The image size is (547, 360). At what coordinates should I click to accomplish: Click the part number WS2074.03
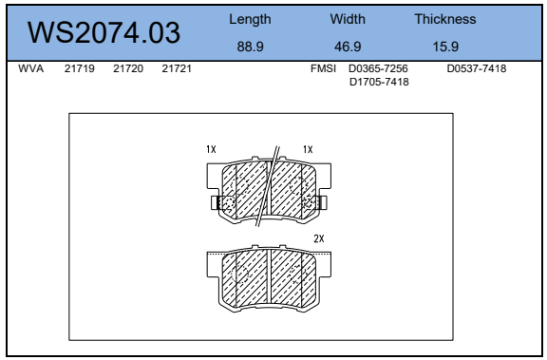[x=104, y=32]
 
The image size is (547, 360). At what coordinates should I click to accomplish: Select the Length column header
[x=250, y=20]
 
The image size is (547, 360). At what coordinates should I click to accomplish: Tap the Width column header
[x=348, y=19]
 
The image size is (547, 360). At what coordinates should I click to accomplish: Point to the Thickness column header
[x=445, y=19]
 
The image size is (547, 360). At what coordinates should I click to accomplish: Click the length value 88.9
[x=250, y=47]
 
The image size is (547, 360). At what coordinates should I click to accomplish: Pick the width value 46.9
[x=348, y=47]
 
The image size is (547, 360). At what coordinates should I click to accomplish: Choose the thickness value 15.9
[x=445, y=47]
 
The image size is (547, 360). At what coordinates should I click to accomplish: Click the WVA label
[x=31, y=68]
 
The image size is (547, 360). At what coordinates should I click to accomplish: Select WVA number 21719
[x=79, y=68]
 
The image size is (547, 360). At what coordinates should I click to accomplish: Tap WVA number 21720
[x=128, y=68]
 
